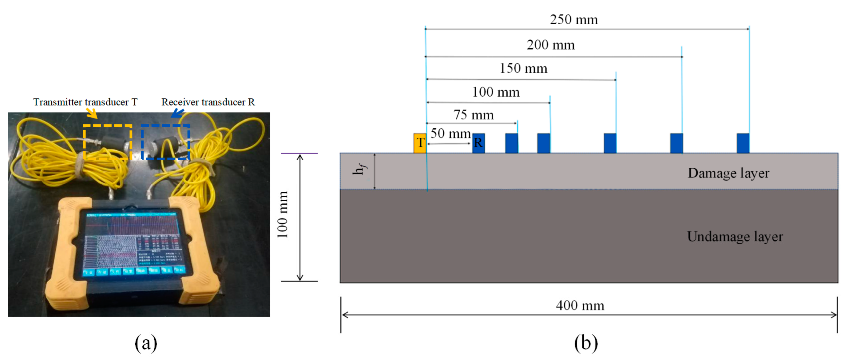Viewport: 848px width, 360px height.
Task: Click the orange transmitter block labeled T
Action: (420, 143)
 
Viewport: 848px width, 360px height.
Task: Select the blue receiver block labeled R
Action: (478, 143)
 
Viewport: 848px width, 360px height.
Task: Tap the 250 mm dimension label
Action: (574, 19)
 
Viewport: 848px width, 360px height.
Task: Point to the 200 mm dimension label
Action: (551, 45)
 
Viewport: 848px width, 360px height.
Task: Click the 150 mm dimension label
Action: (523, 68)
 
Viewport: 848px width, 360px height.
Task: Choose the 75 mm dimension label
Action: (474, 115)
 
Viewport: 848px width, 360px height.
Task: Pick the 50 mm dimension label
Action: (450, 134)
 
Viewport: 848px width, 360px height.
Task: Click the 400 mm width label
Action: (580, 305)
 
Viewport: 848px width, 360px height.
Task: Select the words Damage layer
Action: (728, 173)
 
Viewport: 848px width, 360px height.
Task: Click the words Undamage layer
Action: (735, 237)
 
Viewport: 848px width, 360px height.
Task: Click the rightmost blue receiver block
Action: (743, 143)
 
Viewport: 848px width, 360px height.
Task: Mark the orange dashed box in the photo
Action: (108, 142)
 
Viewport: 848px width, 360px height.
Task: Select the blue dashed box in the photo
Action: (166, 142)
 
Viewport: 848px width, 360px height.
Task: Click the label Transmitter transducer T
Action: (85, 102)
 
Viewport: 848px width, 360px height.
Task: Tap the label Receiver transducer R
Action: (208, 102)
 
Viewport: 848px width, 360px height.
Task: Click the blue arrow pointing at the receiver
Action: (178, 113)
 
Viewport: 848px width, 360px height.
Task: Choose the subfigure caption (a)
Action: (146, 343)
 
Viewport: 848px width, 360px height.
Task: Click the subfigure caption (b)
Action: (586, 343)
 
